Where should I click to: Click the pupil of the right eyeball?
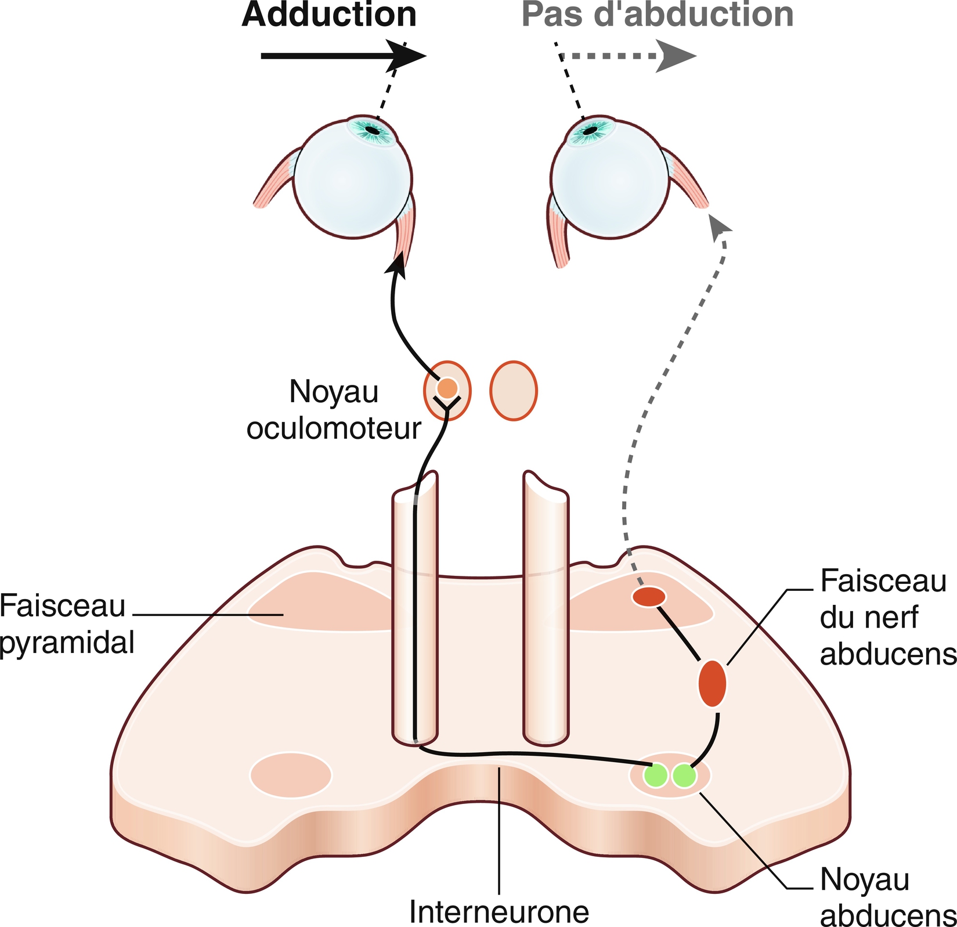point(590,131)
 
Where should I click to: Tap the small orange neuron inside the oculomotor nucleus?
point(447,388)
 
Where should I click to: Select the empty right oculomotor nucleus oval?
point(514,390)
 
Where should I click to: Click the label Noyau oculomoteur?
point(334,410)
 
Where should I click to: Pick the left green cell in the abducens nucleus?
point(656,775)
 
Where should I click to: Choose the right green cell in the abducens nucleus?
point(684,775)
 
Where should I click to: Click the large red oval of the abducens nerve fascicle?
point(712,684)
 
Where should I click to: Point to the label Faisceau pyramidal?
point(66,624)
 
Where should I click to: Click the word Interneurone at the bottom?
point(499,911)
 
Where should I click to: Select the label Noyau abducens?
point(887,897)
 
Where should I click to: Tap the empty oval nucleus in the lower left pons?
point(291,774)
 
